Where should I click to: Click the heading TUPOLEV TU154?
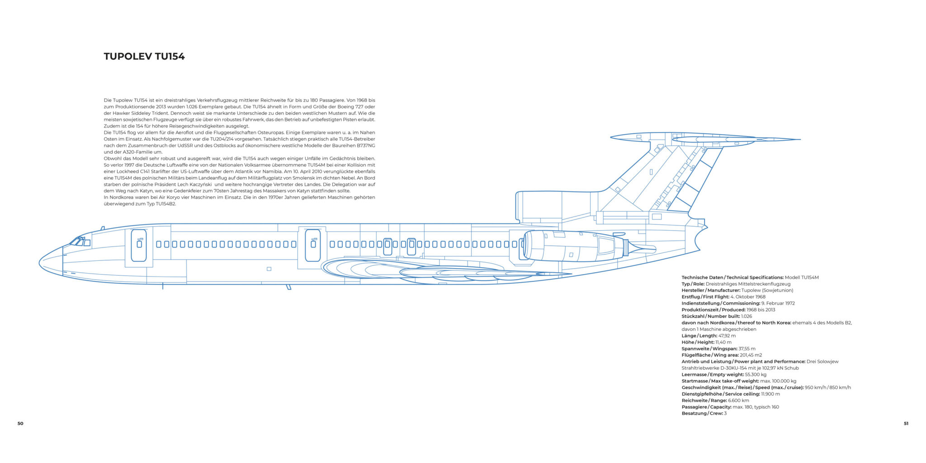point(144,57)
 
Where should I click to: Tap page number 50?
point(20,424)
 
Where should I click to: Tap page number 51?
point(906,424)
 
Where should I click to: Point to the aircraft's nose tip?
point(40,262)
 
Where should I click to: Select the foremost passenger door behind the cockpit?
point(139,245)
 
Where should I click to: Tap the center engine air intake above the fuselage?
point(520,206)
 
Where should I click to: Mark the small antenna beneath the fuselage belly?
point(288,287)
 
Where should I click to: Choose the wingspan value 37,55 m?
point(747,349)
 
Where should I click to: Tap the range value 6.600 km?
point(738,401)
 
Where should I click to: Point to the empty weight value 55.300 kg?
point(756,375)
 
